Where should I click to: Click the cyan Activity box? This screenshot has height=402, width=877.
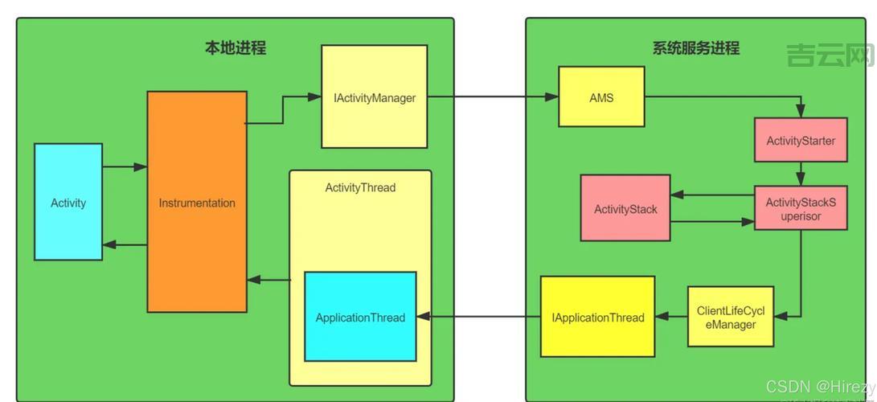(68, 202)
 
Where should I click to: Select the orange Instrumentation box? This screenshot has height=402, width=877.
(197, 202)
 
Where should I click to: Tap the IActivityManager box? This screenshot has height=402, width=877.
(375, 97)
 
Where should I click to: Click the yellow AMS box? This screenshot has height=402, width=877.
(601, 97)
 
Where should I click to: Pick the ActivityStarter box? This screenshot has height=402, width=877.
(801, 141)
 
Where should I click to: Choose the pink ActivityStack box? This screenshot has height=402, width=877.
(625, 208)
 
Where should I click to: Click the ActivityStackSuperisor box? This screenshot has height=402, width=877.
(801, 208)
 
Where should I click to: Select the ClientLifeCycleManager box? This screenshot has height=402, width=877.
(731, 317)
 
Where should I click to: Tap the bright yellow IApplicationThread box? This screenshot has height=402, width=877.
(597, 317)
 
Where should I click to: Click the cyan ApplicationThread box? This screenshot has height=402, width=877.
(360, 317)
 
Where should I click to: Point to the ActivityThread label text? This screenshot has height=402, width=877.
(360, 188)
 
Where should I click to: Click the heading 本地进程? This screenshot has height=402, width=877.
(235, 48)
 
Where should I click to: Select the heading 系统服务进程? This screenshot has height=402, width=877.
(696, 48)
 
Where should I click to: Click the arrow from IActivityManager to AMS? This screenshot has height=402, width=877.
(493, 97)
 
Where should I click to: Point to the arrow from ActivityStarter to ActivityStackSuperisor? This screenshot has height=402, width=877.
(801, 174)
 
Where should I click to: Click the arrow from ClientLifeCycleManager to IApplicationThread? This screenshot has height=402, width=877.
(671, 317)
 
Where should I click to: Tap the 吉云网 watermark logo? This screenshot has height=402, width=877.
(830, 55)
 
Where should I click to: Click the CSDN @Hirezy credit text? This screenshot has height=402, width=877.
(820, 387)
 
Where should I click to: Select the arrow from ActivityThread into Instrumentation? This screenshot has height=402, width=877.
(268, 280)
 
